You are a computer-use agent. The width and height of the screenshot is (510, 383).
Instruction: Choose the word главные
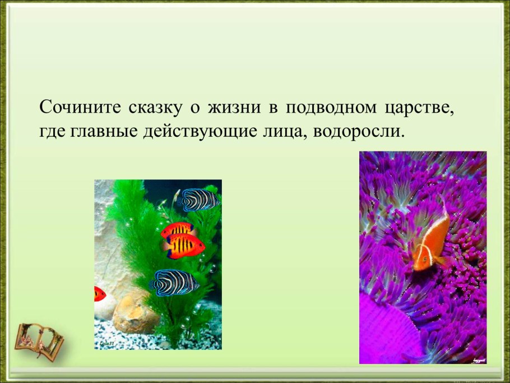click(x=103, y=132)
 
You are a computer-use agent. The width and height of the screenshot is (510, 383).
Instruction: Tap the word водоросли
click(x=359, y=132)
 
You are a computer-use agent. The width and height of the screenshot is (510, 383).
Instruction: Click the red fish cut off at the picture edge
click(x=100, y=293)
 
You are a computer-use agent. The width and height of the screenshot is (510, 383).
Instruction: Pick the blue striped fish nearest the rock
click(x=175, y=282)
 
